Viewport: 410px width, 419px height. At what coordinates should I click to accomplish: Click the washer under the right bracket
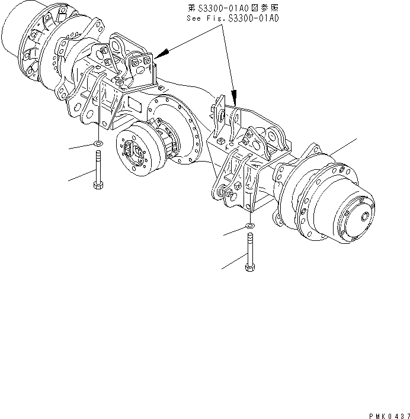250,226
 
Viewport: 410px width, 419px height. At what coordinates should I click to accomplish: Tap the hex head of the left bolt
97,185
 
